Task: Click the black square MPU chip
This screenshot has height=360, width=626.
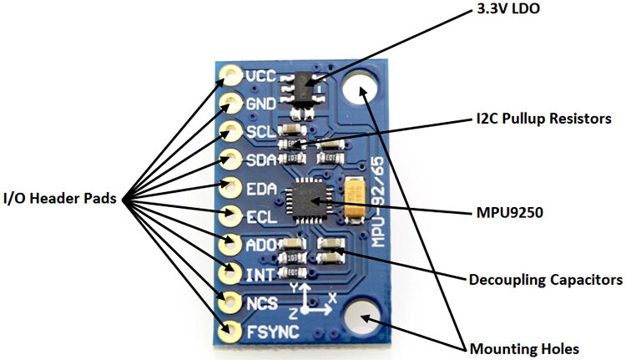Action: pyautogui.click(x=304, y=200)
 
